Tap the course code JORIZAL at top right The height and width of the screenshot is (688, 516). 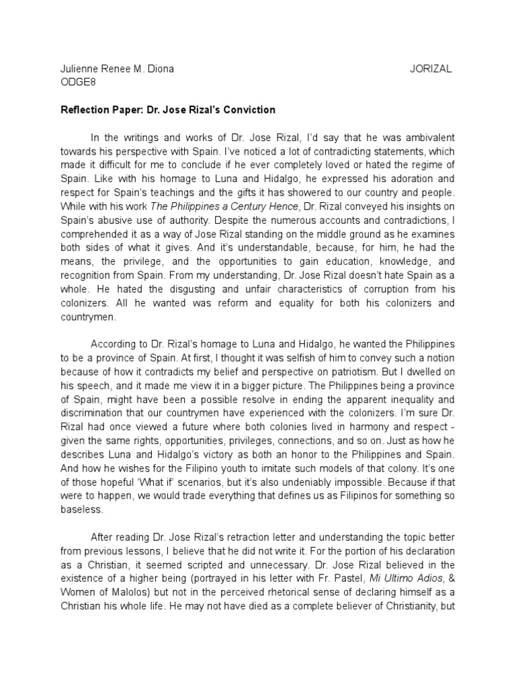[x=431, y=69]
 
